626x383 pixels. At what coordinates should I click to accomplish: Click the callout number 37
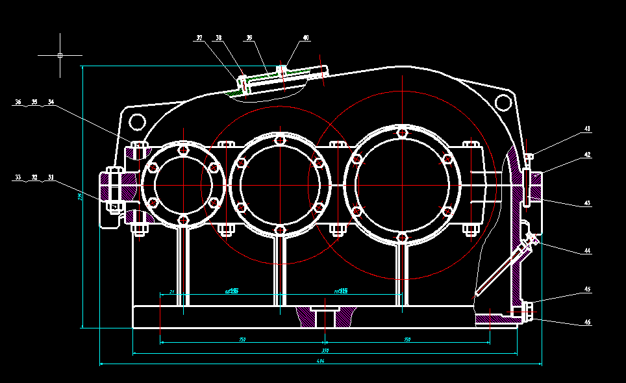(199, 38)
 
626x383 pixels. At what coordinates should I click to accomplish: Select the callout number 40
(306, 38)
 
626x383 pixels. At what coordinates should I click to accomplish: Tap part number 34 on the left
(51, 102)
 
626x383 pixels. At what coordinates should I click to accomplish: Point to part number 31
(51, 177)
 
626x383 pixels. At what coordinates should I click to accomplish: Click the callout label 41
(587, 129)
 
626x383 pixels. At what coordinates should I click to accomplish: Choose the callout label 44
(587, 251)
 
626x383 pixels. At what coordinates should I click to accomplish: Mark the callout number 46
(587, 322)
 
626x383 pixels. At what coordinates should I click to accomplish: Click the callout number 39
(249, 38)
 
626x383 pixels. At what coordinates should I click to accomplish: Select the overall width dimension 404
(320, 361)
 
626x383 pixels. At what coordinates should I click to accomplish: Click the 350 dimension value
(325, 351)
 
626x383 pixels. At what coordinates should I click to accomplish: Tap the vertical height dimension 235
(80, 197)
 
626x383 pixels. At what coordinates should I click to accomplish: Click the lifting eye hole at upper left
(137, 121)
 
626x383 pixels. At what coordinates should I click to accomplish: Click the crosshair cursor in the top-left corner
(60, 55)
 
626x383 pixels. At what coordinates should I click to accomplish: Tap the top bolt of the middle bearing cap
(279, 140)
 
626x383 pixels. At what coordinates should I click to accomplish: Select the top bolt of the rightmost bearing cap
(403, 133)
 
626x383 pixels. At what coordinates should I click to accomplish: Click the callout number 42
(587, 155)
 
